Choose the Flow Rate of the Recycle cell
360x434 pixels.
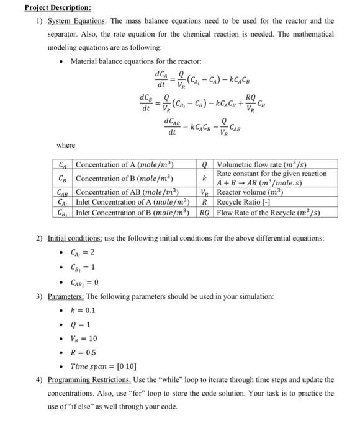pyautogui.click(x=268, y=212)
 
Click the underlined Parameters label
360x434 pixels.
pyautogui.click(x=65, y=297)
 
